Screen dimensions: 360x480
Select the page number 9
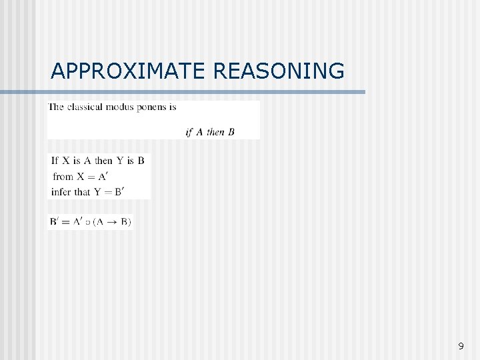[461, 346]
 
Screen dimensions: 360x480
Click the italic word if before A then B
[189, 131]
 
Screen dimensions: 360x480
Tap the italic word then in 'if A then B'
[215, 132]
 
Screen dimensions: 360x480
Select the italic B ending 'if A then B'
[231, 132]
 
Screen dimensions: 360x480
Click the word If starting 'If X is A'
[55, 161]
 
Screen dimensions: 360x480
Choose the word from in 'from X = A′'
[63, 177]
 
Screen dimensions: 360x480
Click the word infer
[61, 192]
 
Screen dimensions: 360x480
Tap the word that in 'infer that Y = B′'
[82, 192]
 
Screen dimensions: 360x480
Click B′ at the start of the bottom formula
[55, 221]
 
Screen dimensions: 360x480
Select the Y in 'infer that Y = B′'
[97, 192]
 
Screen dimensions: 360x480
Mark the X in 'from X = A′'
[81, 177]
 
